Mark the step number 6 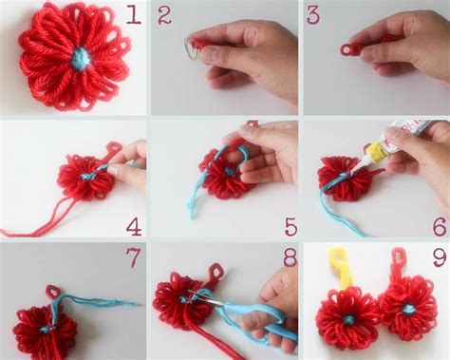click(438, 226)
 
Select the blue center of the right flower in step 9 click(407, 309)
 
